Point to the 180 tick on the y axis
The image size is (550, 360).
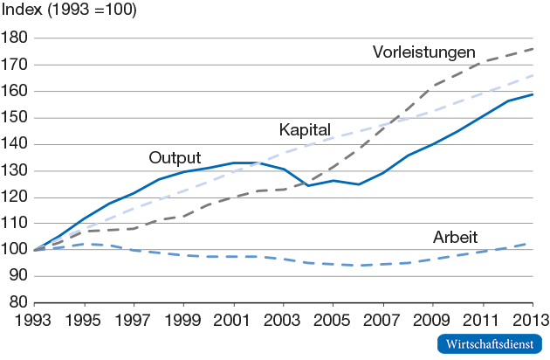coord(15,38)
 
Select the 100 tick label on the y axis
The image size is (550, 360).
coord(15,250)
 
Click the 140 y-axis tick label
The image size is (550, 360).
coord(15,144)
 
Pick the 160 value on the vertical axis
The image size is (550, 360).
coord(15,92)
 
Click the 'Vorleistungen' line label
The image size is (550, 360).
coord(423,52)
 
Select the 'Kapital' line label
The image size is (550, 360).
coord(305,130)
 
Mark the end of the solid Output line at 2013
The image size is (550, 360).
coord(533,94)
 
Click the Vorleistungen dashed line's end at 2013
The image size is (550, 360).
coord(533,49)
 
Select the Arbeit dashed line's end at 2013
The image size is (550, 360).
coord(533,242)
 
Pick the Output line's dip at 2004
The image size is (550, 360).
coord(307,185)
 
